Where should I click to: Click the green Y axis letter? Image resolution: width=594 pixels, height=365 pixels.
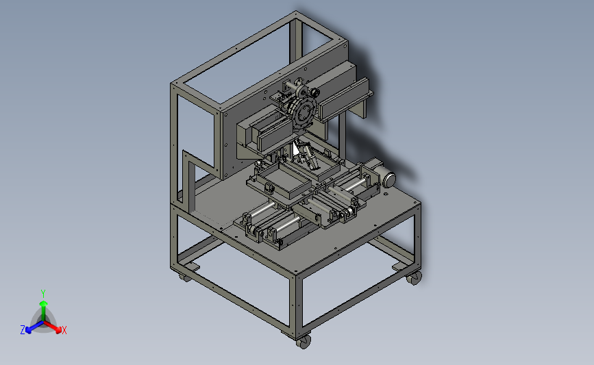point(43,294)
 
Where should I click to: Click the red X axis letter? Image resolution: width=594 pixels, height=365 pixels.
point(64,330)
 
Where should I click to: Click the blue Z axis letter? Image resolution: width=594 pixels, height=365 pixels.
point(23,330)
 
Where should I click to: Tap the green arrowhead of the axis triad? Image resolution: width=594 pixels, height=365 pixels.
point(43,303)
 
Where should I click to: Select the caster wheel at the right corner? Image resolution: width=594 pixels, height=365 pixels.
point(414,278)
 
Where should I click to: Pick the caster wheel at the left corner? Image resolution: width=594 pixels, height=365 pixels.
point(185,277)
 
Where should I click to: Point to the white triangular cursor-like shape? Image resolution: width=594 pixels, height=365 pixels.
point(296,150)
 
